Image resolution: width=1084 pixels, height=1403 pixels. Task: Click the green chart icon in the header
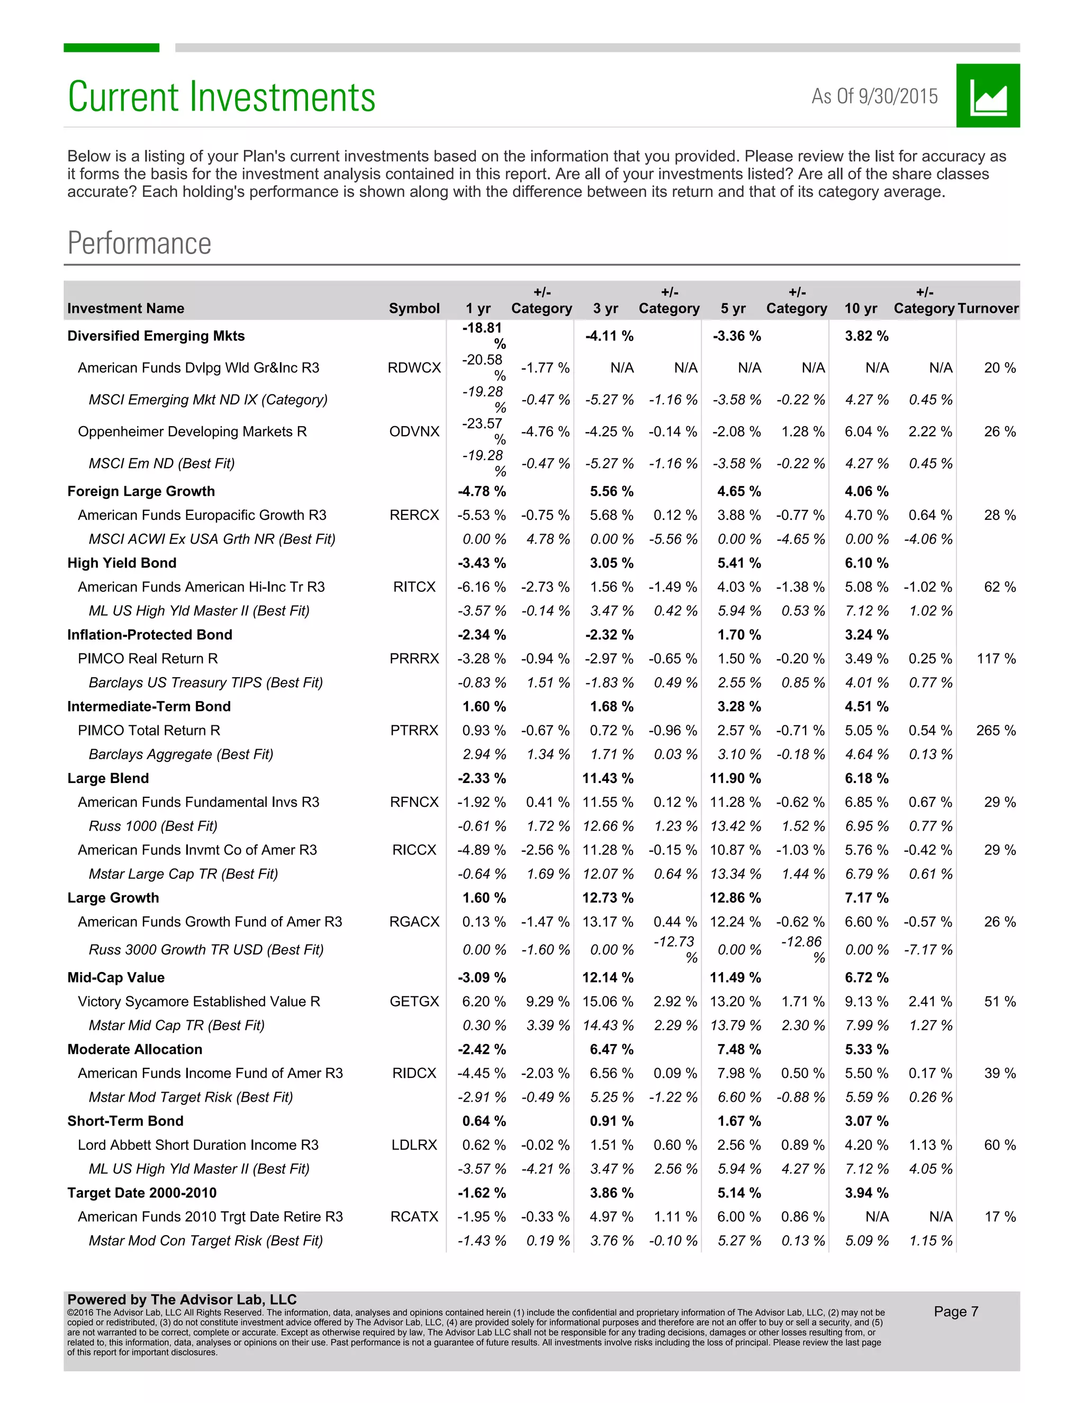pyautogui.click(x=987, y=96)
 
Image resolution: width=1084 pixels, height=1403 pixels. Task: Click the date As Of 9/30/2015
pyautogui.click(x=874, y=96)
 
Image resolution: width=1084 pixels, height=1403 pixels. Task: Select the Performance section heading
pyautogui.click(x=139, y=244)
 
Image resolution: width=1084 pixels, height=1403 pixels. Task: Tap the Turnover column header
pyautogui.click(x=987, y=308)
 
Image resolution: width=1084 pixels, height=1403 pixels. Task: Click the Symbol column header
pyautogui.click(x=414, y=308)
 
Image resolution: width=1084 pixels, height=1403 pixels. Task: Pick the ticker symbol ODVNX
pyautogui.click(x=414, y=431)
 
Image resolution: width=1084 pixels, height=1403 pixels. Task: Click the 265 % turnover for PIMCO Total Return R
pyautogui.click(x=996, y=731)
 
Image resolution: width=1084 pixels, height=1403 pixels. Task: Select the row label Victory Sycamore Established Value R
pyautogui.click(x=198, y=1002)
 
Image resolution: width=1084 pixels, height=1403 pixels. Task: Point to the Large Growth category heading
pyautogui.click(x=113, y=898)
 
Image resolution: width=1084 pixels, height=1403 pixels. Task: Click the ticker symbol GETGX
pyautogui.click(x=414, y=1002)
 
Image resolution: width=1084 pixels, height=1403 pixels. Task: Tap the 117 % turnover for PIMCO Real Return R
pyautogui.click(x=996, y=659)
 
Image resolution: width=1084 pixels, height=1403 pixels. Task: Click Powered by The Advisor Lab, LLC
pyautogui.click(x=182, y=1299)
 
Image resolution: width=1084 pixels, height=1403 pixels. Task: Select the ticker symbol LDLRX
pyautogui.click(x=414, y=1145)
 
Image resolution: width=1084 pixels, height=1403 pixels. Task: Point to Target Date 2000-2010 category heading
pyautogui.click(x=142, y=1193)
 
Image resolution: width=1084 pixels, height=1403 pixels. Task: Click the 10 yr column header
pyautogui.click(x=861, y=308)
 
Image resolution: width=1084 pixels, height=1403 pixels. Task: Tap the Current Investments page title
pyautogui.click(x=222, y=97)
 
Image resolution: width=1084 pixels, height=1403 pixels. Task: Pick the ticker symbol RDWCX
pyautogui.click(x=414, y=368)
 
